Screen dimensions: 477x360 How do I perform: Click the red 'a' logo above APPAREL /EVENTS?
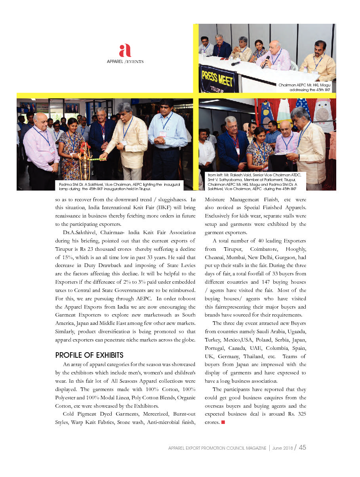pyautogui.click(x=125, y=51)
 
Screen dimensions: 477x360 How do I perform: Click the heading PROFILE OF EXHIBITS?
pyautogui.click(x=90, y=355)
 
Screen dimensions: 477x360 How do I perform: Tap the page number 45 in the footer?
pyautogui.click(x=303, y=447)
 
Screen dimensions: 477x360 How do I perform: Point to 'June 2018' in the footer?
pyautogui.click(x=283, y=448)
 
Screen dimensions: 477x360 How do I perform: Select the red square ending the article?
pyautogui.click(x=223, y=422)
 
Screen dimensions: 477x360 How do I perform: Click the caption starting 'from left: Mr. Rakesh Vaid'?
pyautogui.click(x=254, y=182)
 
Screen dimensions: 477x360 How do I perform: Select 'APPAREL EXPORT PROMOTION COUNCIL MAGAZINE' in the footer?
pyautogui.click(x=217, y=448)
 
